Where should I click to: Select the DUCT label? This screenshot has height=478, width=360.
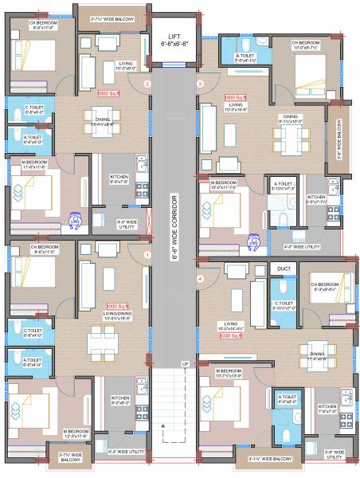[284, 269]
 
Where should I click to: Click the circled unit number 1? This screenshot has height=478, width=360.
[147, 254]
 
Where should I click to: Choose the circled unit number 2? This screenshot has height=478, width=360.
[147, 83]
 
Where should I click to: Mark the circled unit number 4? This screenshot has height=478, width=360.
[200, 278]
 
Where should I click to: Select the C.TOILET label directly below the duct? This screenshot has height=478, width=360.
[284, 306]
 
